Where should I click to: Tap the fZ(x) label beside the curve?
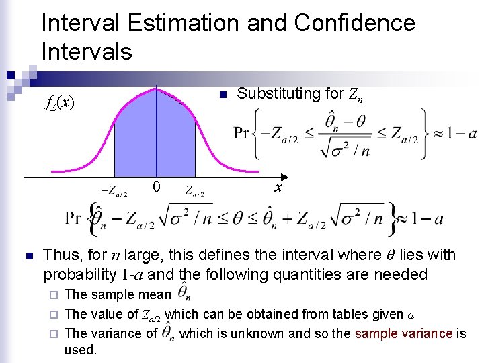tap(58, 103)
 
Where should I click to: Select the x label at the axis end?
tap(278, 188)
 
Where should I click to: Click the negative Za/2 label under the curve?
tap(114, 191)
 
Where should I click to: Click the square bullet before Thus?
tap(28, 256)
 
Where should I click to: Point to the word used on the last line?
tap(81, 350)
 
